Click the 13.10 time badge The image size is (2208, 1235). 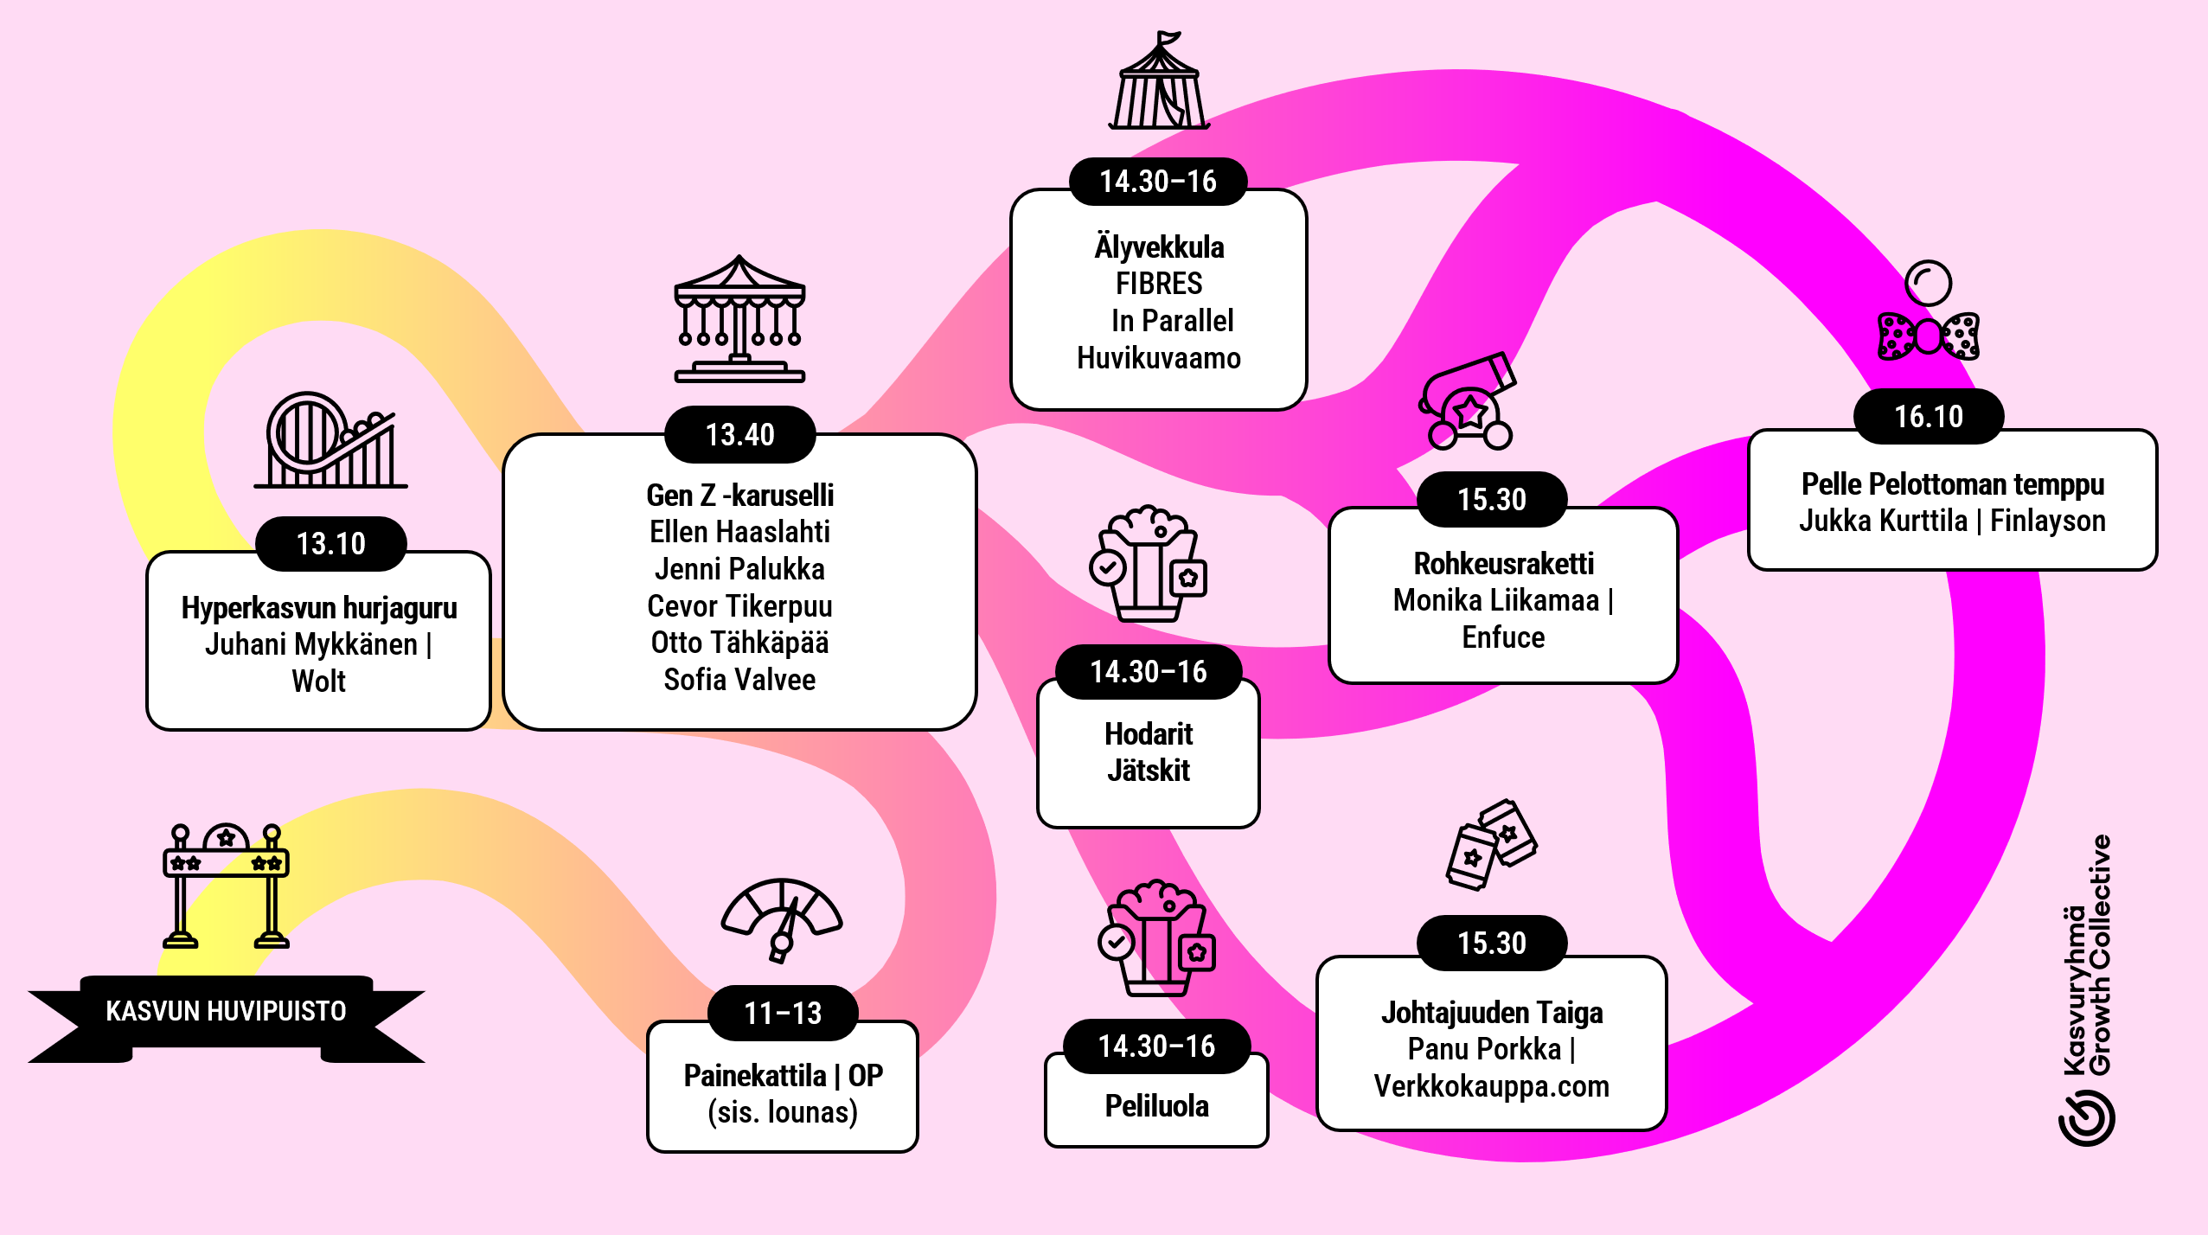[331, 543]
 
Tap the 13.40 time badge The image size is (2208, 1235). [739, 434]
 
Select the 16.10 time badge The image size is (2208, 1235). [1929, 416]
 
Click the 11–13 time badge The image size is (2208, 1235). [783, 1013]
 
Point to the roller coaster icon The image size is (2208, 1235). [330, 440]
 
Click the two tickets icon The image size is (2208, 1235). [1491, 844]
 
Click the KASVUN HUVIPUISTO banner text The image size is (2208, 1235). [226, 1010]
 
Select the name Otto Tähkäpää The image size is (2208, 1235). [739, 643]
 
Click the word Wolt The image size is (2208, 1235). [318, 681]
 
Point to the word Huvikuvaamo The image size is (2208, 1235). [1159, 358]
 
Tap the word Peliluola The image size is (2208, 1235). [1157, 1106]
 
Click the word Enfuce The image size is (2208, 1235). [1503, 637]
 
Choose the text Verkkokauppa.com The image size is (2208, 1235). [1492, 1086]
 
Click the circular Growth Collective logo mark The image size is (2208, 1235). [2086, 1118]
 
